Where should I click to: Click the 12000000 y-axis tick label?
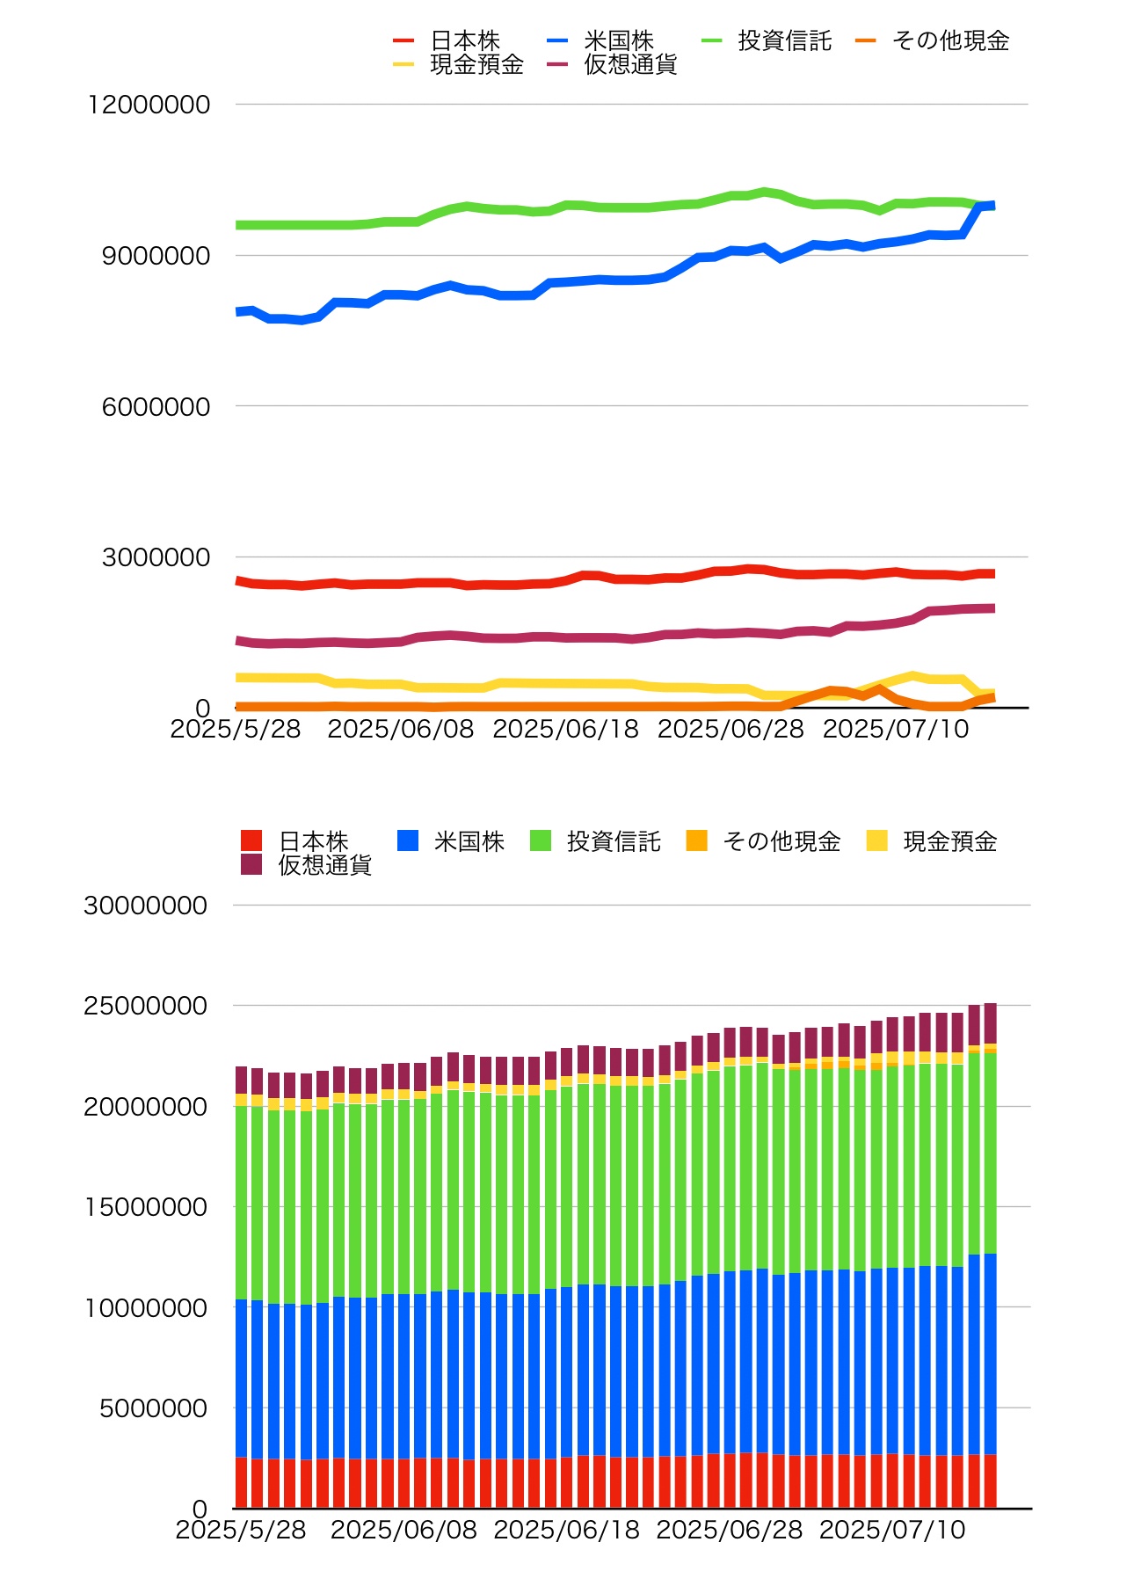pos(149,105)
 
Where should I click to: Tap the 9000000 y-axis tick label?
pos(156,256)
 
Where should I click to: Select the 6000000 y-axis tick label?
pos(156,406)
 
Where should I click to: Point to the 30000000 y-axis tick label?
pos(145,906)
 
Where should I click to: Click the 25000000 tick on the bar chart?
pos(145,1006)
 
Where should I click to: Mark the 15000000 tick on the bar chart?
pos(145,1207)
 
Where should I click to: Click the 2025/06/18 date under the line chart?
pos(565,729)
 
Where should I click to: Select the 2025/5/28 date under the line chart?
pos(236,729)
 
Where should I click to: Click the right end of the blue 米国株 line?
pos(992,206)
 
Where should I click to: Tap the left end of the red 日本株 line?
pos(237,580)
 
